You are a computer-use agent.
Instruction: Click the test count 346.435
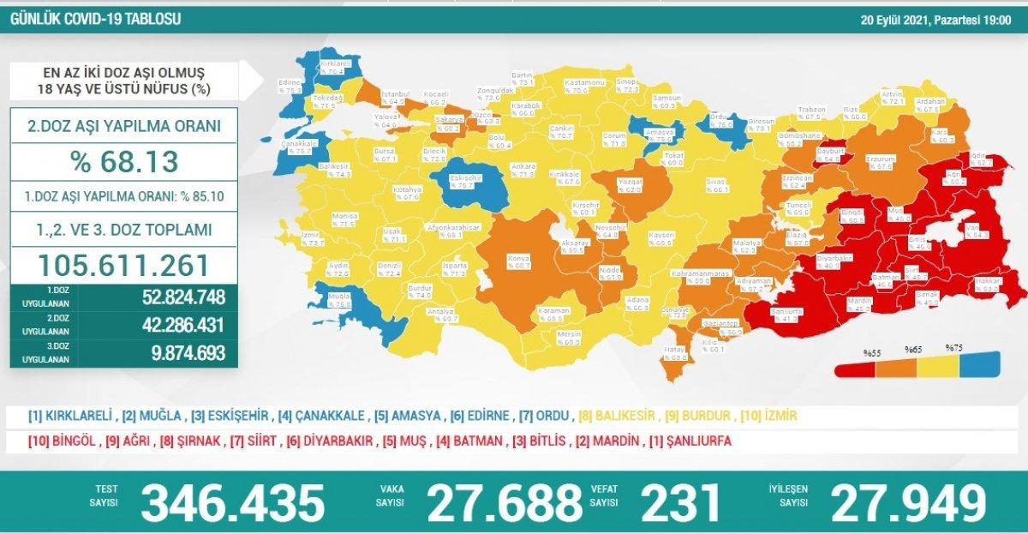(233, 502)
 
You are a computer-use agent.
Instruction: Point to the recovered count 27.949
(907, 502)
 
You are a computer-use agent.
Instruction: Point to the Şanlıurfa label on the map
(786, 314)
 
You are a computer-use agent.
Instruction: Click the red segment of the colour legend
(856, 367)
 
